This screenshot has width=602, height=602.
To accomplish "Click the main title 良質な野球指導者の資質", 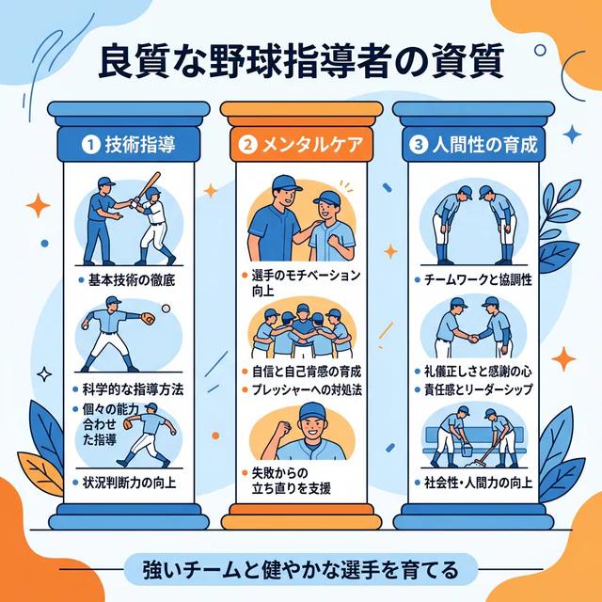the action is (x=301, y=62).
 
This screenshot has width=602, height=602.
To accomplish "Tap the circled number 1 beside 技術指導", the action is (x=91, y=145).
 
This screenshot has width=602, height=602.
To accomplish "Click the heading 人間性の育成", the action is (x=484, y=145).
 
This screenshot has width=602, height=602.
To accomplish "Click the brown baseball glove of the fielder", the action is (x=148, y=318).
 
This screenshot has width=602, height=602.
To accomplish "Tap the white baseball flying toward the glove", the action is (x=166, y=309).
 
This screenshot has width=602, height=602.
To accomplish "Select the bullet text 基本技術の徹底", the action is (x=132, y=280).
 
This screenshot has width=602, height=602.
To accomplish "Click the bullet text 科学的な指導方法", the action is (x=133, y=389).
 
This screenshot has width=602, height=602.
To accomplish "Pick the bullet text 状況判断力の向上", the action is (x=130, y=483).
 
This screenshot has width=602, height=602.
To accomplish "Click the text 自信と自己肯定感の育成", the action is (x=307, y=372).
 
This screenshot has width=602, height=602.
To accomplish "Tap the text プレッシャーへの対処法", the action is (x=307, y=390).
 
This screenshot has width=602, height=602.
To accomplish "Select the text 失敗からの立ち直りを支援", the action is (x=291, y=481).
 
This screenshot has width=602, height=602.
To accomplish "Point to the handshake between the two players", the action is (x=474, y=339).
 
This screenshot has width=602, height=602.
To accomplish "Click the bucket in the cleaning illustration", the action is (x=467, y=449).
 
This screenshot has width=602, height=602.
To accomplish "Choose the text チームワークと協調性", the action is (x=479, y=280).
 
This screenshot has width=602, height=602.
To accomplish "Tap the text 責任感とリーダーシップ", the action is (x=479, y=390).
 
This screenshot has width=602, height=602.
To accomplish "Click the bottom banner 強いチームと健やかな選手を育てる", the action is (x=301, y=569).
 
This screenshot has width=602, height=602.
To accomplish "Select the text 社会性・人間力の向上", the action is (x=479, y=483).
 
